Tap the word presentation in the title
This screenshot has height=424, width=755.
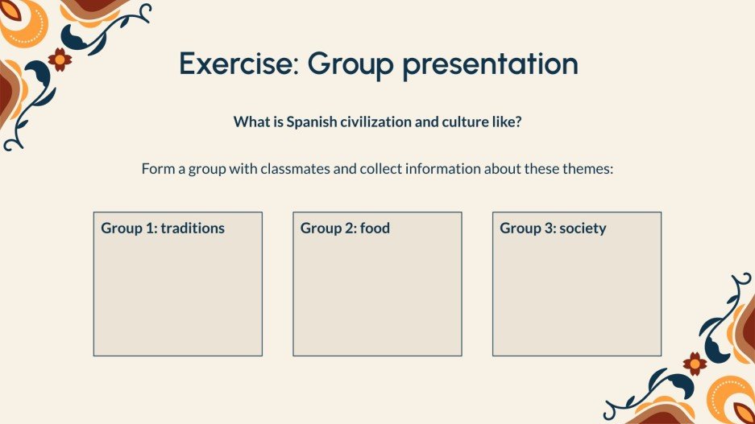(x=490, y=64)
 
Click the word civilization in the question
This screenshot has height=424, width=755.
(x=380, y=122)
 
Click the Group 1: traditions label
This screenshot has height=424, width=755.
(x=163, y=228)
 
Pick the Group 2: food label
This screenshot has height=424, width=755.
(x=345, y=228)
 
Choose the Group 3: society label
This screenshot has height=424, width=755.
(x=553, y=228)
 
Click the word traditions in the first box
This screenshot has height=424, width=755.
(x=193, y=228)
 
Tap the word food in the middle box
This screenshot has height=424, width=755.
(x=375, y=228)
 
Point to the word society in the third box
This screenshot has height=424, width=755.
(x=583, y=228)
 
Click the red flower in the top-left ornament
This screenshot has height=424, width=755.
(x=60, y=59)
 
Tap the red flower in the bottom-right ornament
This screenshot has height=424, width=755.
(x=695, y=363)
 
